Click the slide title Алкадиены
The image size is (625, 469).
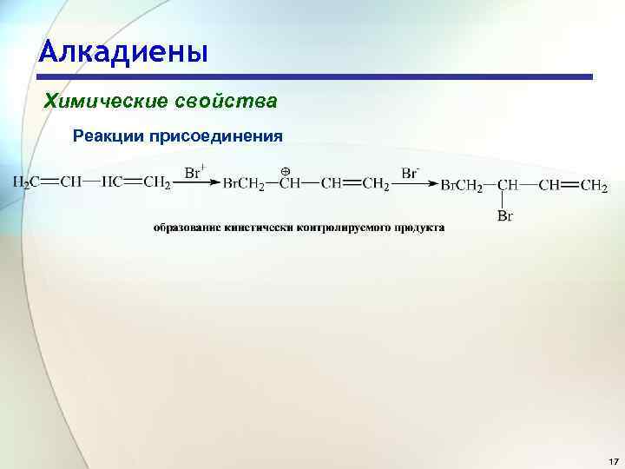click(123, 51)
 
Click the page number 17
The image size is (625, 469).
click(613, 460)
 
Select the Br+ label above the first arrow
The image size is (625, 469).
click(194, 171)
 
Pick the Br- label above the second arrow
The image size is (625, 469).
click(411, 171)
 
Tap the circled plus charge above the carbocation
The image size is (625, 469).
click(284, 170)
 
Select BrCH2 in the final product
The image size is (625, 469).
click(461, 184)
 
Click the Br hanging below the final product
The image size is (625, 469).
click(505, 216)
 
